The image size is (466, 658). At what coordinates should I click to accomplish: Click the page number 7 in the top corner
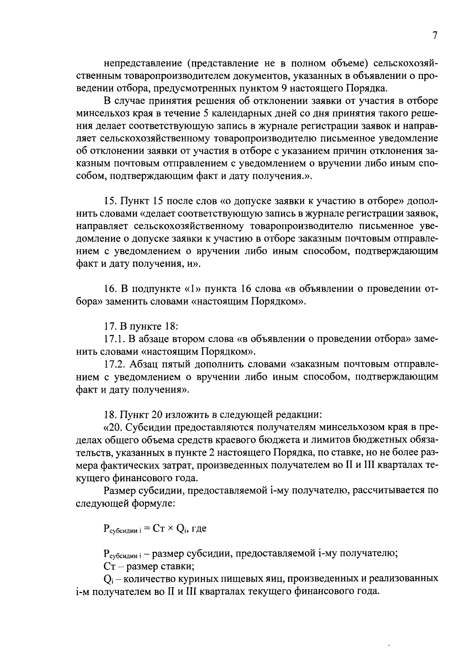pyautogui.click(x=435, y=35)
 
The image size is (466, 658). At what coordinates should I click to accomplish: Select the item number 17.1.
pyautogui.click(x=114, y=339)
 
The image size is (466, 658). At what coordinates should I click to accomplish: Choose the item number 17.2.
pyautogui.click(x=114, y=364)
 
